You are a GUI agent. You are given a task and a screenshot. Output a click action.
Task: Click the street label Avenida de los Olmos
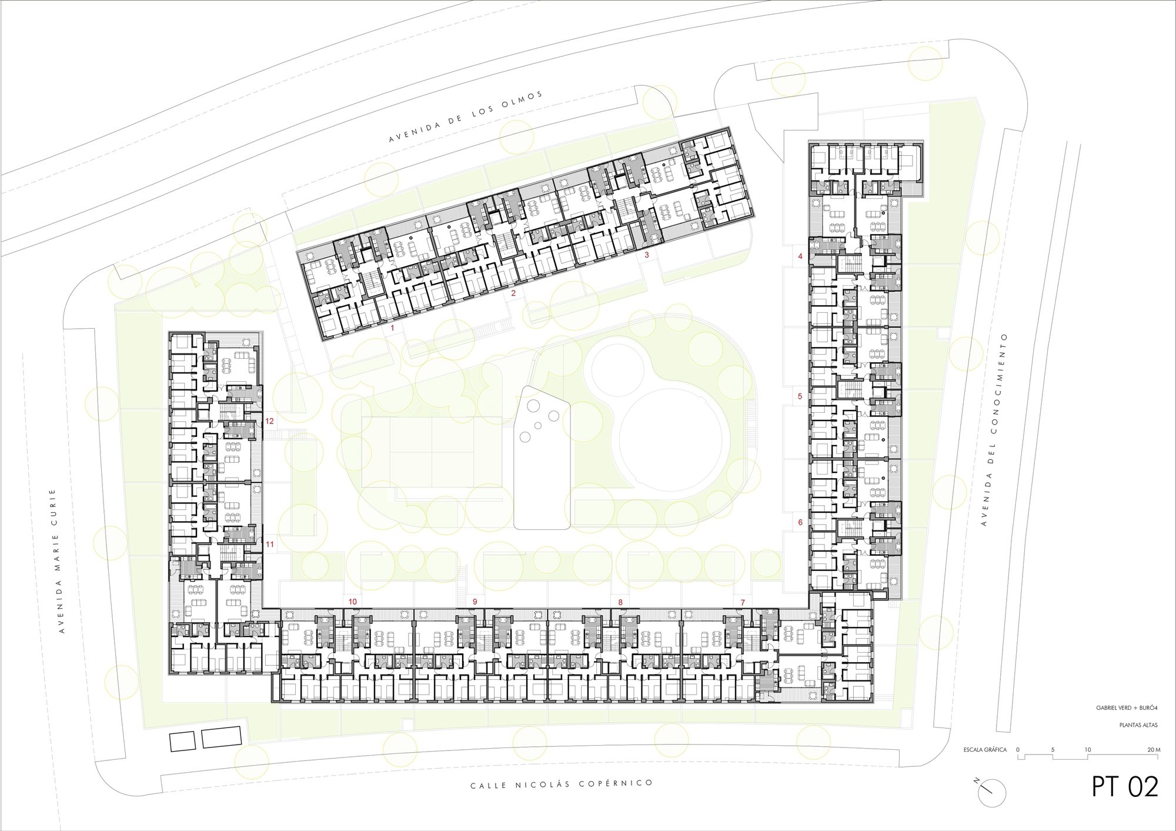(466, 117)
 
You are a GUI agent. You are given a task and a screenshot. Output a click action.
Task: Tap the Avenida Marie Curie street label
(57, 561)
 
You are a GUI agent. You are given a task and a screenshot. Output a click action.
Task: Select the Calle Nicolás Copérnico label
(562, 784)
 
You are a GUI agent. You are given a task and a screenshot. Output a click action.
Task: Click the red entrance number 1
(393, 328)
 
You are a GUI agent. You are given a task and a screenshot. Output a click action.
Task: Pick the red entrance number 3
(647, 255)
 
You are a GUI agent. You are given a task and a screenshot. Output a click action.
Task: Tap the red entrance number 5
(800, 396)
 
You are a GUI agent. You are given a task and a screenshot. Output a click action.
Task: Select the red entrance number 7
(743, 602)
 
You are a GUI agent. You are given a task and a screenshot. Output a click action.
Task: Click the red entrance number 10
(353, 602)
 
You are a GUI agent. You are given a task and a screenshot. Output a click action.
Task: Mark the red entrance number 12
(269, 421)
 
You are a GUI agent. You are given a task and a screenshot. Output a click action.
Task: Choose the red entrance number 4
(800, 256)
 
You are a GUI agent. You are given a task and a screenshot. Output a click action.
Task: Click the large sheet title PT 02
(1125, 786)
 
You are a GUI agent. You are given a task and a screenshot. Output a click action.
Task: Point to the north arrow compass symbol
(992, 792)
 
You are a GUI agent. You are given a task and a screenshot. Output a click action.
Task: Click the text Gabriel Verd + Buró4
(1127, 708)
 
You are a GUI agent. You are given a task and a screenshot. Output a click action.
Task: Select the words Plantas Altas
(1138, 725)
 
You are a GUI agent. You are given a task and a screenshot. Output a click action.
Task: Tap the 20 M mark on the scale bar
(1154, 750)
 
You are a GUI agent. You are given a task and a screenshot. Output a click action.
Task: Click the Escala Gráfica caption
(985, 750)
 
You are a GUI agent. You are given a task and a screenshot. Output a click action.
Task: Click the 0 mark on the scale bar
(1018, 750)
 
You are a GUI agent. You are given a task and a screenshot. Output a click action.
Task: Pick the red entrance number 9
(475, 602)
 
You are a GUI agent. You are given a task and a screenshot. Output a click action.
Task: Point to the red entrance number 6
(800, 522)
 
